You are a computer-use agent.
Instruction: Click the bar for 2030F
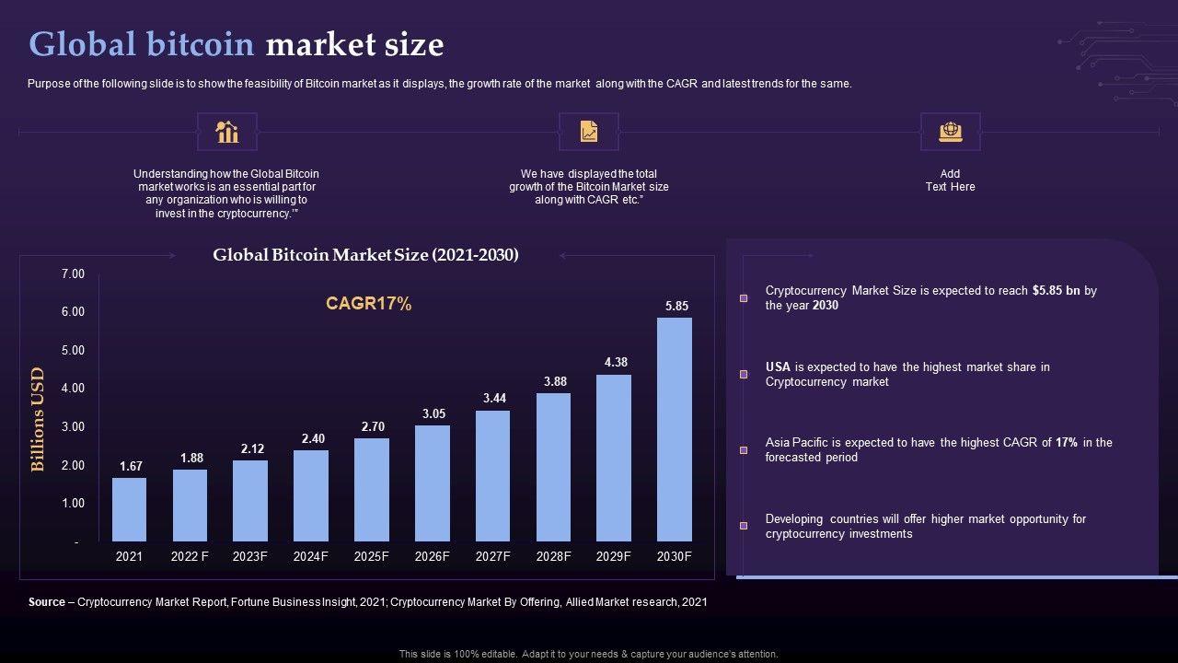click(x=675, y=429)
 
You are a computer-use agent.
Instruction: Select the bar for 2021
click(x=129, y=509)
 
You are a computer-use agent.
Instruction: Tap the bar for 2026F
click(x=433, y=483)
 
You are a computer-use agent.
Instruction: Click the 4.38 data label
click(x=616, y=362)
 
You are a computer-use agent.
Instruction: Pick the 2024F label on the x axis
click(x=311, y=556)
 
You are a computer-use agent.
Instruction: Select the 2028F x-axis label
click(x=554, y=556)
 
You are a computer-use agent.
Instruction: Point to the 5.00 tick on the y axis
click(x=73, y=351)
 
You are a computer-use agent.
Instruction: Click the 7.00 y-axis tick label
click(x=73, y=274)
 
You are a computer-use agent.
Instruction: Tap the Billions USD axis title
click(x=38, y=419)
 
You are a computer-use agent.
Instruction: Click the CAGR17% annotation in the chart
click(x=368, y=304)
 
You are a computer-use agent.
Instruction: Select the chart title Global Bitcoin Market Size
click(x=365, y=255)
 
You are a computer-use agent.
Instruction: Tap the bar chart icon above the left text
click(x=227, y=132)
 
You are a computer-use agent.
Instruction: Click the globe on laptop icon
click(x=951, y=132)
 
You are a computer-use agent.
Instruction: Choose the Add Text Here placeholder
click(x=950, y=180)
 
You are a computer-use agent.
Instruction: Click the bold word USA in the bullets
click(x=778, y=367)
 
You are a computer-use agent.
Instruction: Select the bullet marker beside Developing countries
click(x=744, y=526)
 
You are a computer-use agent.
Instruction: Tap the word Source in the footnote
click(x=47, y=602)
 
